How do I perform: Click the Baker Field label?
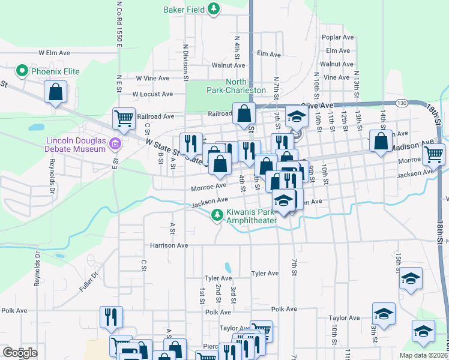[x=184, y=9]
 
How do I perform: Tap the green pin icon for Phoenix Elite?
[x=23, y=71]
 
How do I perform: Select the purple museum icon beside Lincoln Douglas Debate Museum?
[x=115, y=143]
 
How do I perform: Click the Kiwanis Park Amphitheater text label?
[x=250, y=217]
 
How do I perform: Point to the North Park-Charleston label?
[x=245, y=86]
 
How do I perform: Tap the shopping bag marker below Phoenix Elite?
[x=55, y=93]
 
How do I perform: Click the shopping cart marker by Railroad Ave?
[x=124, y=118]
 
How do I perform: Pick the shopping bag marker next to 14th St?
[x=381, y=142]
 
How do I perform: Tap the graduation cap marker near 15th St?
[x=411, y=279]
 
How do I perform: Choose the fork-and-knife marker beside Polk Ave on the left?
[x=111, y=316]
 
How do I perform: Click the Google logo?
[x=20, y=353]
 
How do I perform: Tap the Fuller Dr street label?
[x=88, y=283]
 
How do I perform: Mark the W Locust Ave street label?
[x=152, y=94]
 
